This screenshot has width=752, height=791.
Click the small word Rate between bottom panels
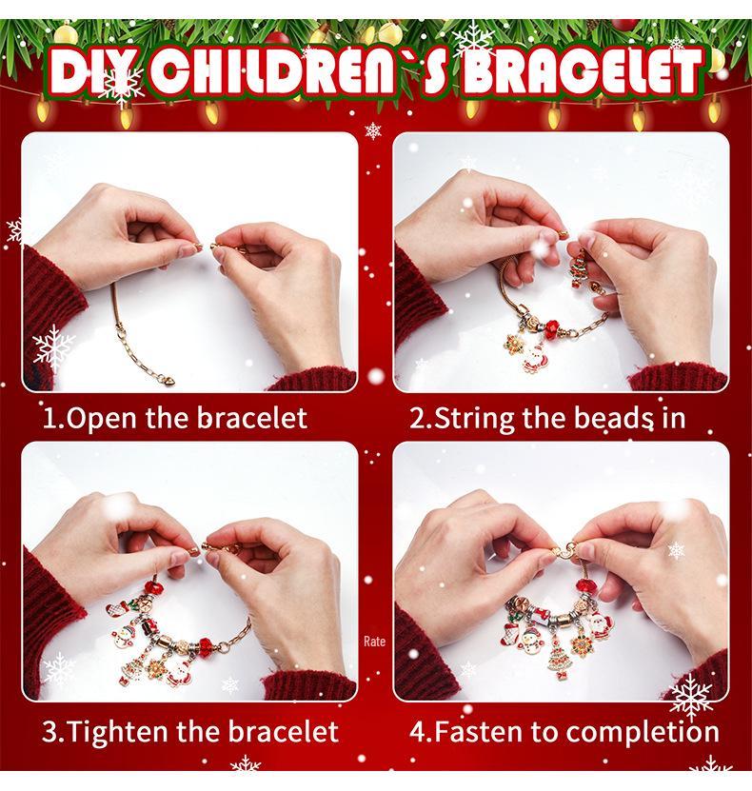(374, 642)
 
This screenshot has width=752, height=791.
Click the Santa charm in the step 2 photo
(534, 357)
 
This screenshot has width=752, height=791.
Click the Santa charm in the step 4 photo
(602, 625)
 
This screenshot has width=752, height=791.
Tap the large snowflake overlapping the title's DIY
(120, 84)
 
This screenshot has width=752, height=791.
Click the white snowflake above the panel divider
(373, 131)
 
